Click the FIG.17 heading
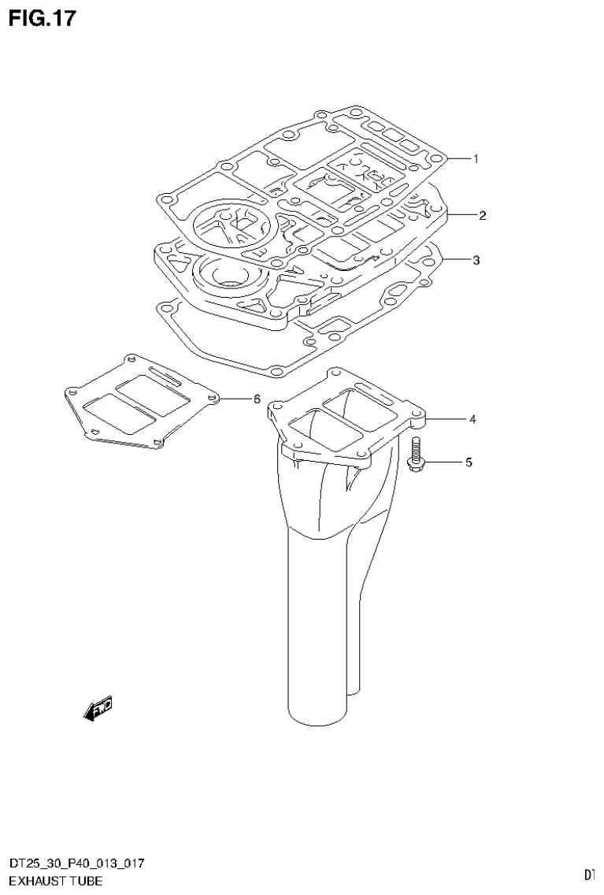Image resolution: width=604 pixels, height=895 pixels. [43, 18]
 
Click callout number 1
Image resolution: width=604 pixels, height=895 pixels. [476, 158]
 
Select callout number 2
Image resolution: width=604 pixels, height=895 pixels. [481, 215]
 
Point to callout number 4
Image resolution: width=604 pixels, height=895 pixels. [472, 420]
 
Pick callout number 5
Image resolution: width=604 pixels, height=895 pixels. [468, 462]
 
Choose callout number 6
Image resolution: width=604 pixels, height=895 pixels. [257, 399]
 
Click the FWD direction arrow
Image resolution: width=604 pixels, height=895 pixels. [98, 708]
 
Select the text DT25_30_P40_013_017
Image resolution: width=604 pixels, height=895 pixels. [76, 864]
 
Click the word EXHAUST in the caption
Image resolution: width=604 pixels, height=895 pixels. [36, 881]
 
